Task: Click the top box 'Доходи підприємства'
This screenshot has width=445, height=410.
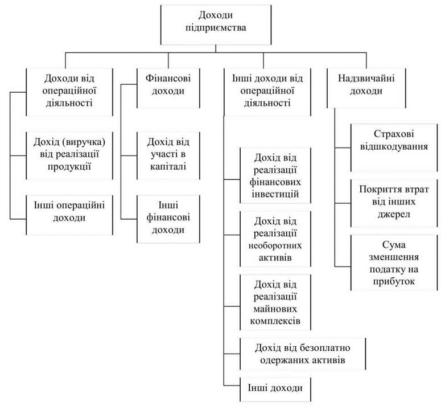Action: [x=216, y=24]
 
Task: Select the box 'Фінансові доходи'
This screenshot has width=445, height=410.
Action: [x=168, y=88]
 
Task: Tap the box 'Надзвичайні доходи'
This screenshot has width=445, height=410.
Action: [x=366, y=88]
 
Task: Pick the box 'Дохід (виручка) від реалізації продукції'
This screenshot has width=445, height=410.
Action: [x=69, y=155]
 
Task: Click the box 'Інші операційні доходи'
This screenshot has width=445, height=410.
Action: [x=69, y=215]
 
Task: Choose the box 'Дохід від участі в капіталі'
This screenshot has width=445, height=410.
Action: [x=168, y=155]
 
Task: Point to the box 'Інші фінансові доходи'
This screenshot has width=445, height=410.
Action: [x=168, y=219]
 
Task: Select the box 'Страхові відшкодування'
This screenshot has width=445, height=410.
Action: [x=394, y=147]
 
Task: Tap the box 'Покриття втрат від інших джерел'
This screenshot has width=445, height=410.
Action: [x=394, y=203]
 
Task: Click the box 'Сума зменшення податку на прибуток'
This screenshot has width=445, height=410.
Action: [x=394, y=263]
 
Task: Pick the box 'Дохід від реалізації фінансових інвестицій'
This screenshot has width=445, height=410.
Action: [x=275, y=175]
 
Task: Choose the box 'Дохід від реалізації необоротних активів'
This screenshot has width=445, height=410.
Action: [x=275, y=239]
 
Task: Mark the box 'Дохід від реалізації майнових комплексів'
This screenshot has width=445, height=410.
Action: [x=275, y=302]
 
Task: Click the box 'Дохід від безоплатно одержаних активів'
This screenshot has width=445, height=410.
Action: [x=303, y=354]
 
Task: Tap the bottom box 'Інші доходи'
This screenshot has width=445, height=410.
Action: [x=275, y=389]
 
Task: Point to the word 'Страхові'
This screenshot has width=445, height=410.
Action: [x=394, y=134]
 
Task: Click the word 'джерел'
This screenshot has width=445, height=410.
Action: [x=394, y=214]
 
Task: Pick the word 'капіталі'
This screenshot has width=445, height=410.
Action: [x=168, y=166]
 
